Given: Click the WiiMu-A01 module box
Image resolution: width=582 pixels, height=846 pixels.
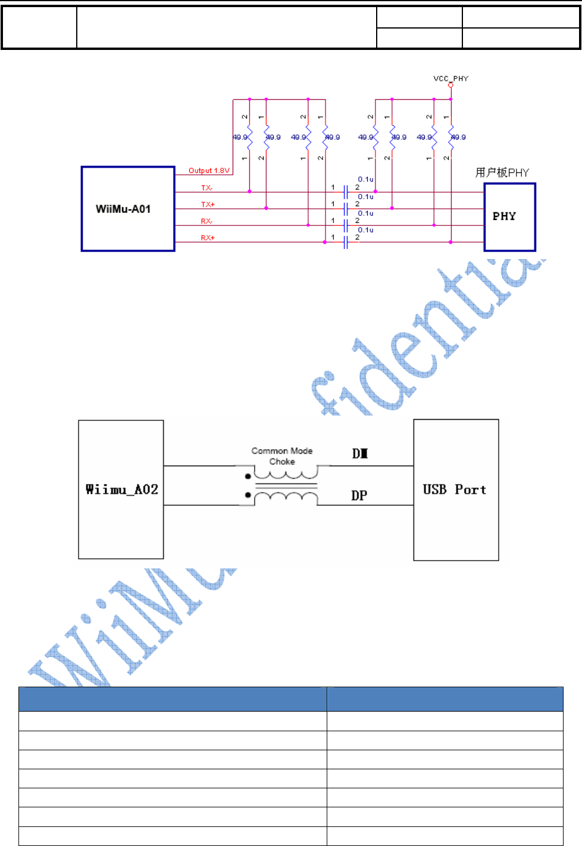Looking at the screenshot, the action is pyautogui.click(x=127, y=209).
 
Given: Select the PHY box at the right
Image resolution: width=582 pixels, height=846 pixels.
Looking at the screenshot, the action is pyautogui.click(x=509, y=216).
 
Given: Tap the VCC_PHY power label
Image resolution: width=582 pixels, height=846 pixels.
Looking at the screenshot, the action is pyautogui.click(x=450, y=78).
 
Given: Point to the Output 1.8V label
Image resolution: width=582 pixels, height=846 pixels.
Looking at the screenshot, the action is pyautogui.click(x=209, y=171).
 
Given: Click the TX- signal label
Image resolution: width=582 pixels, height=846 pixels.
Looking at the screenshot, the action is pyautogui.click(x=206, y=188).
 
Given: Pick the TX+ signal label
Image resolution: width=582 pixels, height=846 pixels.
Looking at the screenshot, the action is pyautogui.click(x=208, y=205).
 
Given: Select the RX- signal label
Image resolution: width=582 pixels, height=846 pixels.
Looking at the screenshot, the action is pyautogui.click(x=206, y=221).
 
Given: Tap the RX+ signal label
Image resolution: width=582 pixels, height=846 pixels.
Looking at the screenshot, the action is pyautogui.click(x=208, y=238).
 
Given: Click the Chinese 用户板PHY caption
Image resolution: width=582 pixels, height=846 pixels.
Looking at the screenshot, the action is pyautogui.click(x=502, y=172).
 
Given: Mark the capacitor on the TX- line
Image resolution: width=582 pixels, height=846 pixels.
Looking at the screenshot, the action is pyautogui.click(x=345, y=192).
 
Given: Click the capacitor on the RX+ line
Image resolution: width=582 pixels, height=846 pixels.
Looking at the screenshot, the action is pyautogui.click(x=345, y=242).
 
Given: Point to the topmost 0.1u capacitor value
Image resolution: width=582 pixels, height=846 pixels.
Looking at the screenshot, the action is pyautogui.click(x=365, y=179).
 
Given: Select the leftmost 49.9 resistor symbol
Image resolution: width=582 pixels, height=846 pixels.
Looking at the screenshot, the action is pyautogui.click(x=249, y=137).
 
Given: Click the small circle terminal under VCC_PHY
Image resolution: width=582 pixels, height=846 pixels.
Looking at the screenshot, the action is pyautogui.click(x=450, y=85).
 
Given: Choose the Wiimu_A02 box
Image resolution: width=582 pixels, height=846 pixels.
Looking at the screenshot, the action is pyautogui.click(x=121, y=489).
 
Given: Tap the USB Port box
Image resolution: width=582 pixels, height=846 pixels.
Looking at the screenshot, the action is pyautogui.click(x=456, y=489).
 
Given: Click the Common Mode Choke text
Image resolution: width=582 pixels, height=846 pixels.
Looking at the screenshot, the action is pyautogui.click(x=282, y=456).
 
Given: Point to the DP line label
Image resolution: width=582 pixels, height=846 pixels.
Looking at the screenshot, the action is pyautogui.click(x=359, y=495).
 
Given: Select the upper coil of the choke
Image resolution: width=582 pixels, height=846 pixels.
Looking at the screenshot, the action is pyautogui.click(x=286, y=474).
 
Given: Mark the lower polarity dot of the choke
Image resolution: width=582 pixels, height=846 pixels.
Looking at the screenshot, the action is pyautogui.click(x=248, y=495).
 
